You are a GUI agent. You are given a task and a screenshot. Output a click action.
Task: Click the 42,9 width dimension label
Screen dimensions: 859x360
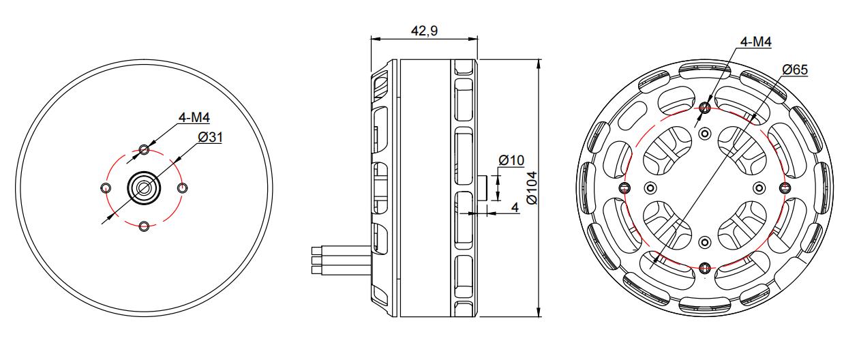(x=424, y=30)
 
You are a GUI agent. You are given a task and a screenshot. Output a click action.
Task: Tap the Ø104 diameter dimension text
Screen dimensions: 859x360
(x=532, y=188)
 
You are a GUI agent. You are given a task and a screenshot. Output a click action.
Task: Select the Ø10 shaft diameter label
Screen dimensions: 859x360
(x=511, y=160)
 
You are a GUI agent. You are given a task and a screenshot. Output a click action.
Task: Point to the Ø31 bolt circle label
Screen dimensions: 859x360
(x=210, y=137)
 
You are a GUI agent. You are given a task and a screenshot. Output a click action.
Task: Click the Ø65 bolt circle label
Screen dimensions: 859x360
(x=795, y=70)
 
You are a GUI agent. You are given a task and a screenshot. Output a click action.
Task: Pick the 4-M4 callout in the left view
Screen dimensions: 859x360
(x=194, y=117)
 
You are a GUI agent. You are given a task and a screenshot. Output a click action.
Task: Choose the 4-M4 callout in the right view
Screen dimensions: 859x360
(x=755, y=42)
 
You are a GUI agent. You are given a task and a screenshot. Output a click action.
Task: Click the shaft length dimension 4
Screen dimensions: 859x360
(x=515, y=207)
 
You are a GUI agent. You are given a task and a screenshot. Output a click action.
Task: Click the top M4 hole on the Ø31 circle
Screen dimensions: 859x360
(x=145, y=149)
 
